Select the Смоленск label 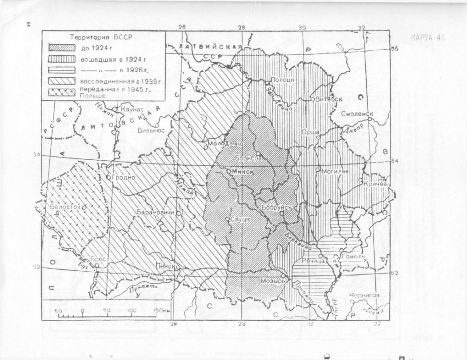tap(357, 114)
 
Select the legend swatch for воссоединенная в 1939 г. tap(60, 80)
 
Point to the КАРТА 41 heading tap(428, 38)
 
